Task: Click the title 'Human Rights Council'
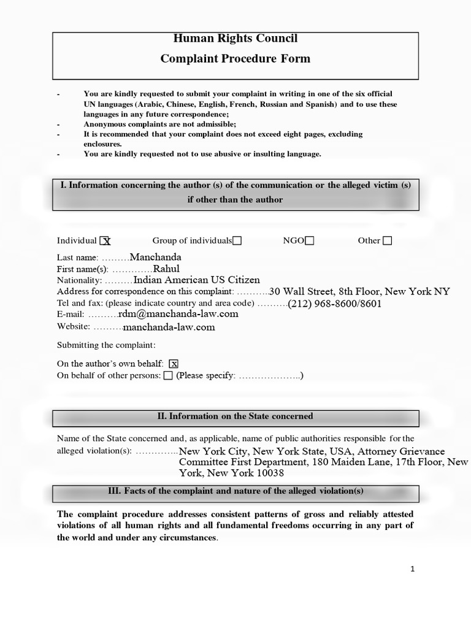tap(235, 39)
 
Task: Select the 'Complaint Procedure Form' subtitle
tap(235, 59)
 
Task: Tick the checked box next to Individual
tap(105, 241)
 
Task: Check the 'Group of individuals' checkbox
tap(237, 241)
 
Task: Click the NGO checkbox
tap(309, 241)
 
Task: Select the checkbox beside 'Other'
tap(387, 241)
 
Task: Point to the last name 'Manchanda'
tap(156, 258)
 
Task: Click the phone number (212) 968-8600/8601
tap(334, 303)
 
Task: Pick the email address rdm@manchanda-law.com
tap(178, 314)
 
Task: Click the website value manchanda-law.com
tap(169, 327)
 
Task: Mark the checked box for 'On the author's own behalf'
tap(174, 364)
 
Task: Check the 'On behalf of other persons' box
tap(168, 375)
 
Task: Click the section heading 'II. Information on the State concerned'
tap(235, 416)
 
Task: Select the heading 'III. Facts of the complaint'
tap(235, 491)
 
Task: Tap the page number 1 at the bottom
tap(413, 569)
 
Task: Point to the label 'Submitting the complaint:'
tap(106, 345)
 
